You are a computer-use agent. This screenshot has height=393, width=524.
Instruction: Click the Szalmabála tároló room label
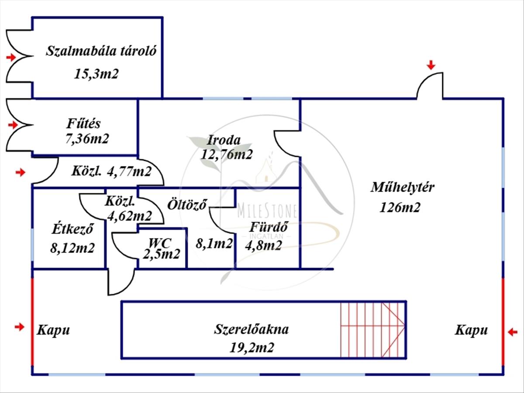pyautogui.click(x=101, y=51)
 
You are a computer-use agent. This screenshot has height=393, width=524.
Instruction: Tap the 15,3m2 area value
pyautogui.click(x=97, y=74)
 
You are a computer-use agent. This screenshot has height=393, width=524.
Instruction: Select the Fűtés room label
pyautogui.click(x=83, y=124)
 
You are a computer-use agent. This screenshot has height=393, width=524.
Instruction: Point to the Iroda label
pyautogui.click(x=224, y=140)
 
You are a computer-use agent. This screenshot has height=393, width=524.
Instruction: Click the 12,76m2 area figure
pyautogui.click(x=227, y=155)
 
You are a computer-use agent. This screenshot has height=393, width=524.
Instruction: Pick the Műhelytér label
pyautogui.click(x=403, y=187)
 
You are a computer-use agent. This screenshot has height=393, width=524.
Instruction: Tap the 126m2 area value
pyautogui.click(x=400, y=207)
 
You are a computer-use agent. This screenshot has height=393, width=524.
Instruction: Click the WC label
pyautogui.click(x=160, y=243)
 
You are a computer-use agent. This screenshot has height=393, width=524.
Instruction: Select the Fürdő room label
pyautogui.click(x=269, y=227)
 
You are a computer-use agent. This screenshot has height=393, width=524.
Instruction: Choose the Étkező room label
pyautogui.click(x=72, y=229)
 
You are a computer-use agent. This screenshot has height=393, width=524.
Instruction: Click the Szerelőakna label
pyautogui.click(x=251, y=330)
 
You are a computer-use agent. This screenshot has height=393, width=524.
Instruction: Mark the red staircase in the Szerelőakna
pyautogui.click(x=373, y=330)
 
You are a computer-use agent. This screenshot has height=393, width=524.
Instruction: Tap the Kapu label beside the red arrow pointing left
pyautogui.click(x=471, y=331)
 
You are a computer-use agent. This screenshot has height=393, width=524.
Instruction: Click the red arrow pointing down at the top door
pyautogui.click(x=431, y=65)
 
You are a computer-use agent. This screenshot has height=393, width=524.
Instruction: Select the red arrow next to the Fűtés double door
pyautogui.click(x=13, y=125)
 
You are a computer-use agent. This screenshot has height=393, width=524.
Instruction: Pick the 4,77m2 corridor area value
pyautogui.click(x=129, y=171)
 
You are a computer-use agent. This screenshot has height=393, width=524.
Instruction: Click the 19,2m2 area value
pyautogui.click(x=252, y=348)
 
